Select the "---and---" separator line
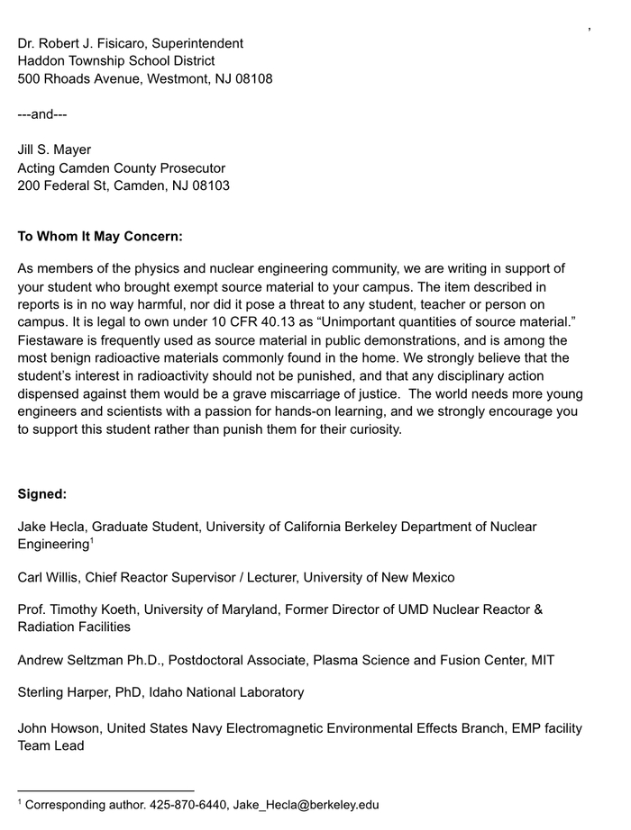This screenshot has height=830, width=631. click(42, 114)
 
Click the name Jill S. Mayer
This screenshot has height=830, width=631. click(54, 149)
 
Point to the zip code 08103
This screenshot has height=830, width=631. click(208, 185)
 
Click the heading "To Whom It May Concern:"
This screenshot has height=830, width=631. click(100, 237)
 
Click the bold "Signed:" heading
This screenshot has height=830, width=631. click(42, 493)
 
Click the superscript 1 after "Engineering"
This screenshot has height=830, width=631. click(92, 542)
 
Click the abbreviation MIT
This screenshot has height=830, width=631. click(543, 660)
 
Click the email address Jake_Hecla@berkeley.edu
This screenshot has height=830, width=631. click(306, 805)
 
